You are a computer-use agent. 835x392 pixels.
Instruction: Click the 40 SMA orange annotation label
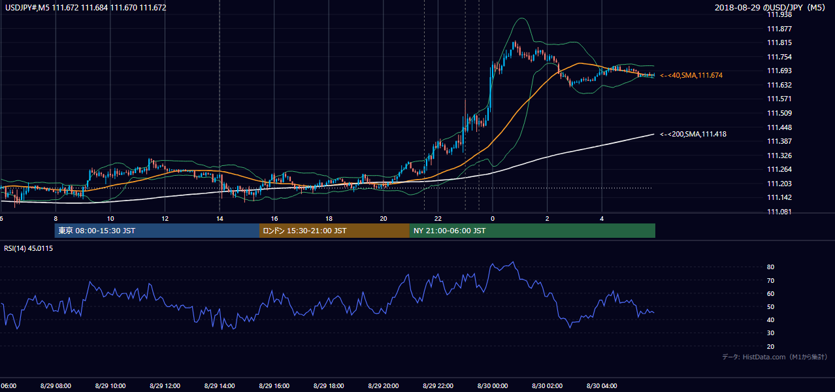pos(691,75)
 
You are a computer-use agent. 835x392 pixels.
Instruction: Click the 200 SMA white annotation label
pos(693,134)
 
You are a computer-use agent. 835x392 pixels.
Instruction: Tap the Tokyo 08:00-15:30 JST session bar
pos(157,231)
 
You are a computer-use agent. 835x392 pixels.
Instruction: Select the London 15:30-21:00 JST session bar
pos(335,231)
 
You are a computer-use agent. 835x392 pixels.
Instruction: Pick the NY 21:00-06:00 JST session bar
pos(532,231)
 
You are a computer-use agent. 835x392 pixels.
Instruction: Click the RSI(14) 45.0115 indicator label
pos(28,248)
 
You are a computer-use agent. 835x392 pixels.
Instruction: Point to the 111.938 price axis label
pos(779,15)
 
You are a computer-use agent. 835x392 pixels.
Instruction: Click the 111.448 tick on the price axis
pos(779,127)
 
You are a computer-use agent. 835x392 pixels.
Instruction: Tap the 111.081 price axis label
pos(779,212)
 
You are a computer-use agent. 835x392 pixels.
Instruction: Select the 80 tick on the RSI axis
pos(770,267)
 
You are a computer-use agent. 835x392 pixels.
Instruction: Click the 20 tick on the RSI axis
pos(770,346)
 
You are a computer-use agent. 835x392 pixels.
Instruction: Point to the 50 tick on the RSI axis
pos(770,306)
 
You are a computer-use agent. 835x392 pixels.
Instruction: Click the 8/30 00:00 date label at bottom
pos(493,386)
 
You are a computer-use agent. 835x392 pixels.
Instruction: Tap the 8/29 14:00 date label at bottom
pos(220,386)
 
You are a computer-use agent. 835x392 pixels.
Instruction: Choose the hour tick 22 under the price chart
pos(438,219)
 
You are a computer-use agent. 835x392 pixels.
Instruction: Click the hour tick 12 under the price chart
pos(165,219)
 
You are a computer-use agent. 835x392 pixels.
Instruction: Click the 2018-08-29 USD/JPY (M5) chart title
pos(770,7)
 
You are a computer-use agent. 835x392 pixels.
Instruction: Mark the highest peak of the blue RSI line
pos(514,262)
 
